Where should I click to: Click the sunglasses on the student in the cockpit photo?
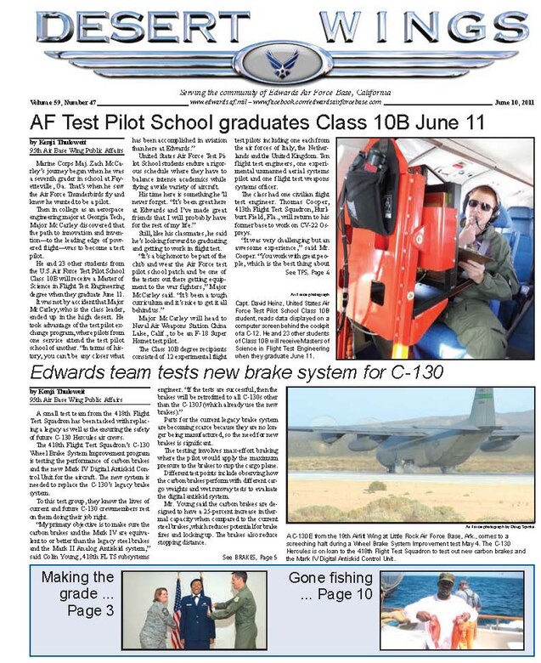(x=476, y=207)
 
